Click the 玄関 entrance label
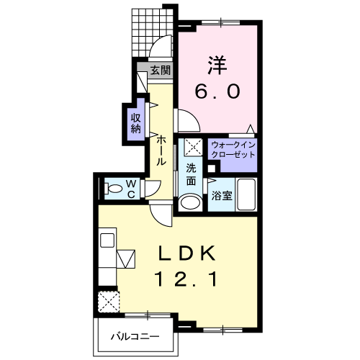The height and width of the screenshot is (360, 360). tap(161, 71)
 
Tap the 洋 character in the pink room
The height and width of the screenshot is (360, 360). tap(217, 65)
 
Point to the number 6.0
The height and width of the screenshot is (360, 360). tap(217, 91)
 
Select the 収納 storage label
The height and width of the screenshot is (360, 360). tap(136, 123)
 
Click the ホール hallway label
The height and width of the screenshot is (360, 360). tap(161, 150)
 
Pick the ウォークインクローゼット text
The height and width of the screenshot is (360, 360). tap(233, 150)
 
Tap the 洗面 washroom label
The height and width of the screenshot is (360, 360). tap(191, 174)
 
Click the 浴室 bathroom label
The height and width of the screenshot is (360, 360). tap(222, 196)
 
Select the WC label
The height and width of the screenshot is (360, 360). tap(131, 189)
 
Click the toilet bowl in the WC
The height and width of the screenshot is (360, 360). tap(112, 189)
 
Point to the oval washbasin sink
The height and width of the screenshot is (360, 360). tap(191, 202)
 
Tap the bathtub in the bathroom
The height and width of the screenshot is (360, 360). tap(246, 194)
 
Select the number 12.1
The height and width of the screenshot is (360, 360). tap(186, 279)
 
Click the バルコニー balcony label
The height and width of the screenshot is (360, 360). tap(135, 337)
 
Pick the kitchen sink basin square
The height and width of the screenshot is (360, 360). tap(107, 240)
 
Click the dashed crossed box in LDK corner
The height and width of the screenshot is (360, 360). tap(109, 302)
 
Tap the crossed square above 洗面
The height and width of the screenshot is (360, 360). tap(193, 147)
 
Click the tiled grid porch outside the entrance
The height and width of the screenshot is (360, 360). tap(152, 32)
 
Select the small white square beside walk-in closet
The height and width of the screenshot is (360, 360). tap(212, 168)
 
